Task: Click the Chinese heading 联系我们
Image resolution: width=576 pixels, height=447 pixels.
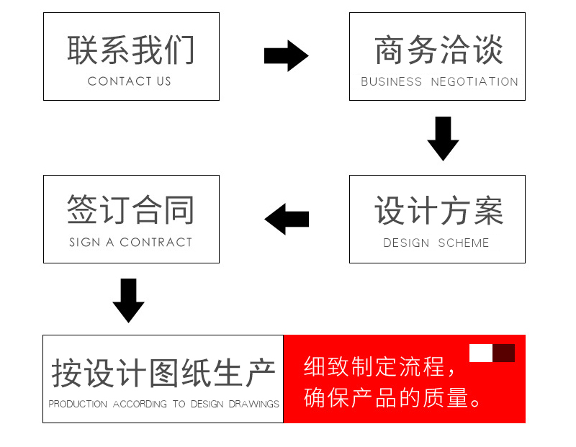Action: point(130,50)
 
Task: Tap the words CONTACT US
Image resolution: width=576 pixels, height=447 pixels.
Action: point(130,81)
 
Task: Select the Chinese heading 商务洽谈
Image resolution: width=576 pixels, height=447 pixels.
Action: point(438,50)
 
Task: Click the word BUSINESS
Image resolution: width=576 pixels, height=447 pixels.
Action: point(391,81)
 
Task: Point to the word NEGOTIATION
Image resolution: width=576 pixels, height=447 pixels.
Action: point(474,81)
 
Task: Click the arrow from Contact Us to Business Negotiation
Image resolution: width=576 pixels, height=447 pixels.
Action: point(287,56)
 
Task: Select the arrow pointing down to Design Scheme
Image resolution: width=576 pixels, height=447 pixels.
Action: point(443,139)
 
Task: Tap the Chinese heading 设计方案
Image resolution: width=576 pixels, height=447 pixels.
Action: point(438,210)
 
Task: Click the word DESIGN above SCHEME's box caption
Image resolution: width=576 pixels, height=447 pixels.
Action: point(406,243)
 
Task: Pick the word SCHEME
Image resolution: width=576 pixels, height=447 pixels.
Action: point(463,243)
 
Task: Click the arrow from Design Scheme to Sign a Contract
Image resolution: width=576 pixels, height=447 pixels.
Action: point(287,219)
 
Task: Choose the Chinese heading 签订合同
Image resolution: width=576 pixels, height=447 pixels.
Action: point(130,209)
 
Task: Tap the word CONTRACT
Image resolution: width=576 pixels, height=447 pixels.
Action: point(156,243)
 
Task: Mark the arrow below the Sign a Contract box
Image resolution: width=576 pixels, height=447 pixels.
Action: point(128,301)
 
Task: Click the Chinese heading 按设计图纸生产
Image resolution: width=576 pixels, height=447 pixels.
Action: point(163,374)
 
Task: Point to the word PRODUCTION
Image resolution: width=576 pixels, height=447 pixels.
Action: point(78,404)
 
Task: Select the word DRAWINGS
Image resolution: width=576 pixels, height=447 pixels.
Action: point(254,404)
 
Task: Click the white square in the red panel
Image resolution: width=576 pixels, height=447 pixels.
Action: point(481,353)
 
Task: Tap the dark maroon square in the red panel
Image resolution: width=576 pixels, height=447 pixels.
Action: point(503,353)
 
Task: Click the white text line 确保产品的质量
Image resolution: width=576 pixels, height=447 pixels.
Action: point(392,397)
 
